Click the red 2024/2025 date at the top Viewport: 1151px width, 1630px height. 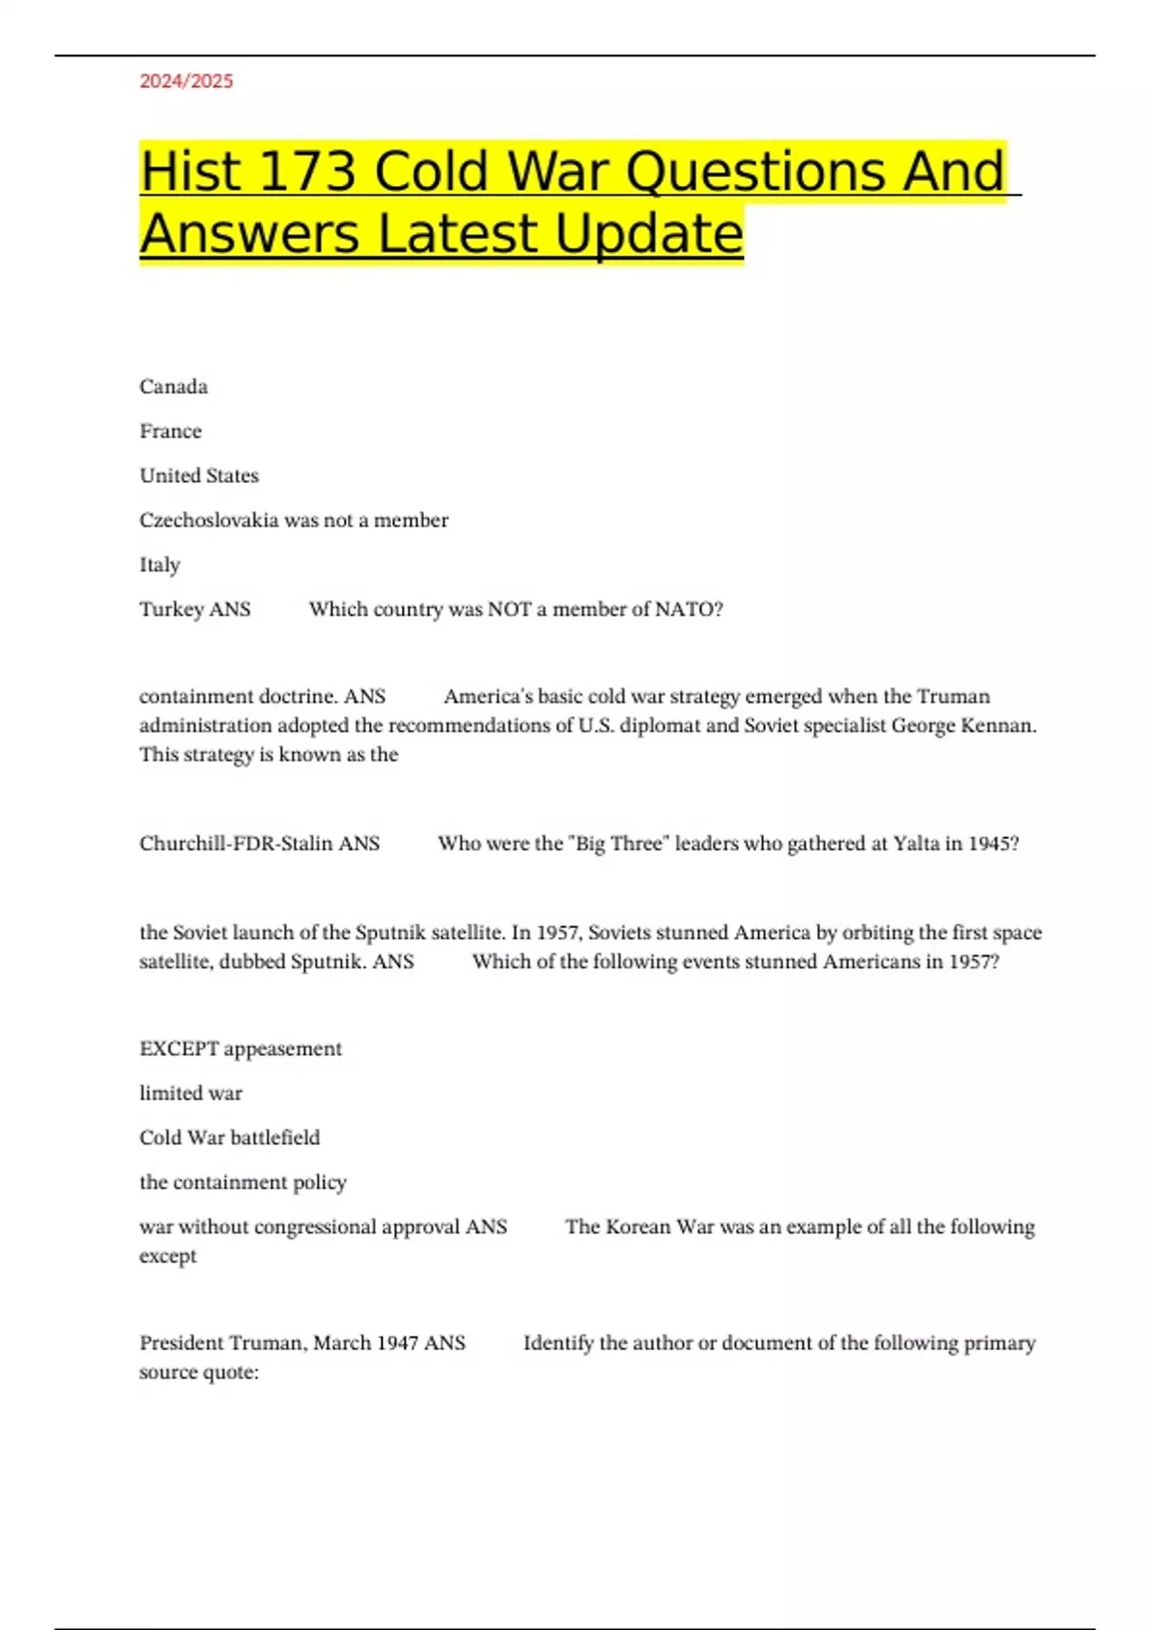pyautogui.click(x=186, y=81)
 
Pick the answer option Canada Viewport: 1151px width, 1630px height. pyautogui.click(x=174, y=386)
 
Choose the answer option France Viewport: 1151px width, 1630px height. pyautogui.click(x=171, y=431)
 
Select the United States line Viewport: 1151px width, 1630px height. pyautogui.click(x=199, y=476)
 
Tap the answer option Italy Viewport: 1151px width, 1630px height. pyautogui.click(x=159, y=565)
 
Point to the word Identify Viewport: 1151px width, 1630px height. pyautogui.click(x=558, y=1342)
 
